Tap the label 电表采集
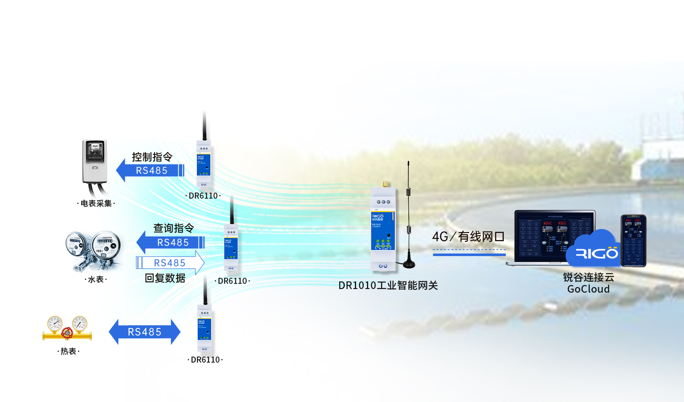[x=96, y=203]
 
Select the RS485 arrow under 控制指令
[x=150, y=170]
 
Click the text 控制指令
[x=152, y=157]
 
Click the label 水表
[x=96, y=279]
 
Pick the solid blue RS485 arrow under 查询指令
[x=171, y=242]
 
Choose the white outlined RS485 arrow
[x=170, y=263]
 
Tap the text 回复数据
[x=165, y=278]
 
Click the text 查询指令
[x=173, y=228]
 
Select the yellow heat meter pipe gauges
[x=67, y=328]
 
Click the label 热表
[x=68, y=351]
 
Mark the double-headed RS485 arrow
[x=144, y=332]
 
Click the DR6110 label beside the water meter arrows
[x=232, y=281]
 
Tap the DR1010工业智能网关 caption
[x=388, y=285]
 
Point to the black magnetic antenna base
[x=409, y=263]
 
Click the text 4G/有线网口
[x=468, y=237]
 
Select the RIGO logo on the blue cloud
[x=597, y=253]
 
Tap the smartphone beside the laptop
[x=633, y=240]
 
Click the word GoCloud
[x=588, y=289]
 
